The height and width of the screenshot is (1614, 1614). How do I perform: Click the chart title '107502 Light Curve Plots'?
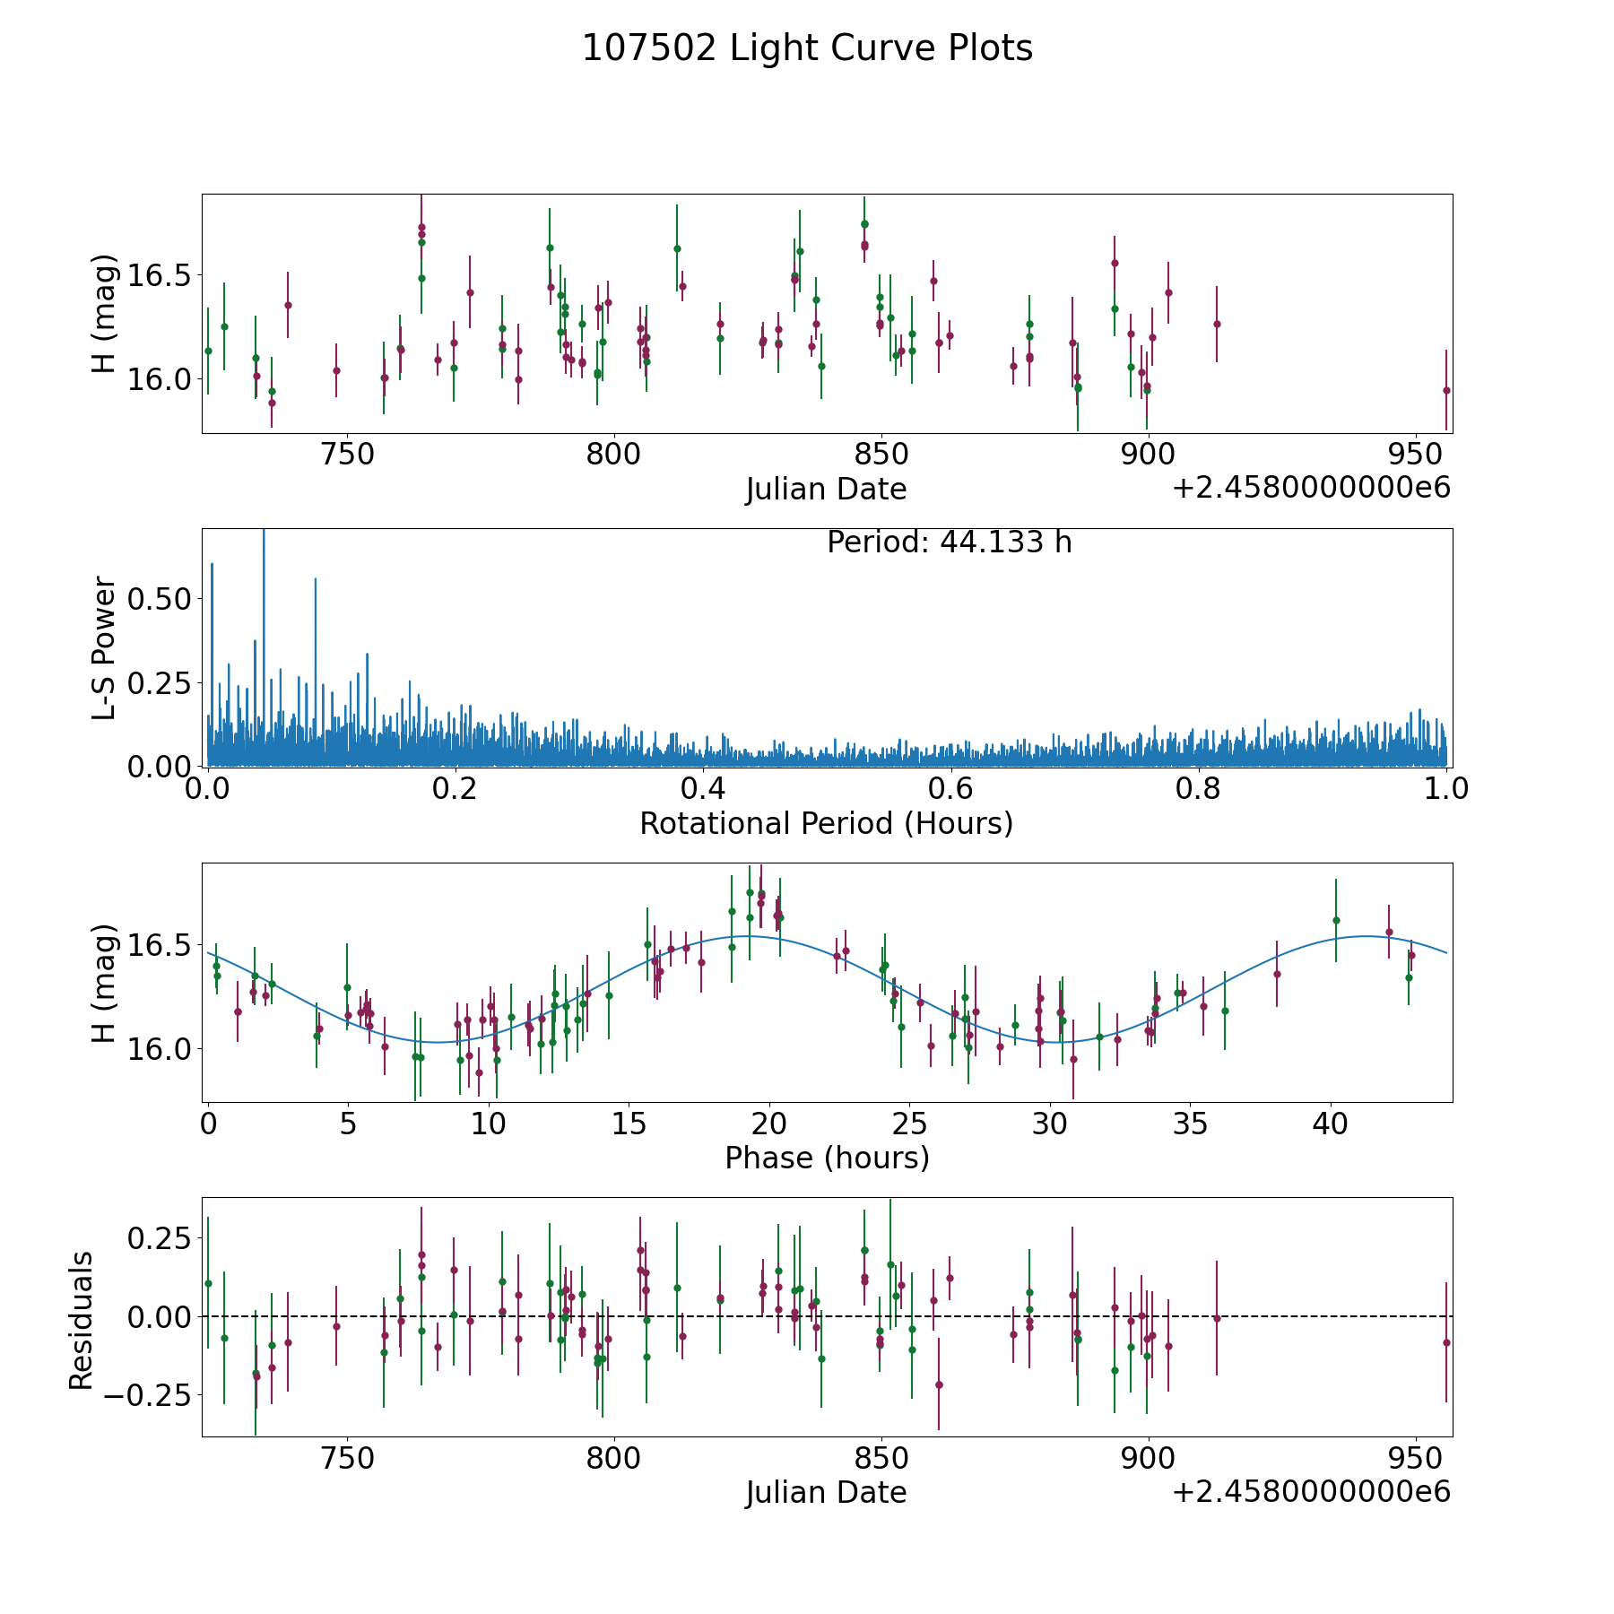coord(807,48)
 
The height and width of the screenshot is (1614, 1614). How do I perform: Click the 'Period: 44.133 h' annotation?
coord(949,542)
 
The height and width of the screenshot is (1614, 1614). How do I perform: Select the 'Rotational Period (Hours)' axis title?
coord(826,823)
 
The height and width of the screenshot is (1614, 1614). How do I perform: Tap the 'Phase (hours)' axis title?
coord(827,1158)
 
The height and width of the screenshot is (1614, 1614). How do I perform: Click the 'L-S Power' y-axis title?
coord(104,648)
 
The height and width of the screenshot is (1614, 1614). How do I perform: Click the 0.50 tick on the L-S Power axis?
coord(159,599)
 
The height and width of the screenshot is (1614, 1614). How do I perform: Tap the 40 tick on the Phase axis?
coord(1331,1124)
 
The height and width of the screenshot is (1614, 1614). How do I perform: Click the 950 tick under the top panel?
coord(1414,455)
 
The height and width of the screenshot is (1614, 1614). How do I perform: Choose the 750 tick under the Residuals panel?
coord(347,1458)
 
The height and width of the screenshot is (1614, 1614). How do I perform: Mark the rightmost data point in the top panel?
coord(1446,390)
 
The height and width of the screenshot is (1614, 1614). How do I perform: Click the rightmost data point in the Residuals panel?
coord(1446,1342)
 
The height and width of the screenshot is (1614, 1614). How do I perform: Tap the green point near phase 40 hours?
coord(1336,920)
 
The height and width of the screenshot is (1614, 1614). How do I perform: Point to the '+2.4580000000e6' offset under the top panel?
coord(1311,488)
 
